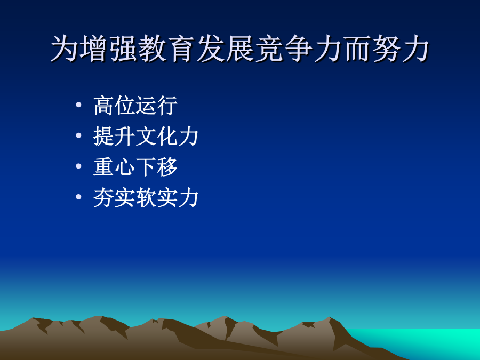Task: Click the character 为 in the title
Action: point(64,49)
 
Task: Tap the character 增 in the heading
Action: point(93,49)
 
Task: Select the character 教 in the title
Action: point(152,49)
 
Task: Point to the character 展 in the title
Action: point(239,49)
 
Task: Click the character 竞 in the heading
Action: point(269,49)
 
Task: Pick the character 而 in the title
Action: point(357,49)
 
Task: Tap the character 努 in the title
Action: point(386,49)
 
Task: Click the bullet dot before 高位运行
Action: point(79,105)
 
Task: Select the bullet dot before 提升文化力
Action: point(79,135)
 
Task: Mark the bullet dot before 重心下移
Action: point(79,166)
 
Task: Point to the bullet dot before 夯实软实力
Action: point(79,196)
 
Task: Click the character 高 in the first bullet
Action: point(103,105)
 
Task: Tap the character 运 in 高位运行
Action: point(146,105)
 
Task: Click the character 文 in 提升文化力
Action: point(146,136)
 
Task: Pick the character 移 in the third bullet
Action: point(167,166)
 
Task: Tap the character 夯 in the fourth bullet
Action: point(103,197)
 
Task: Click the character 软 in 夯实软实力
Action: point(146,197)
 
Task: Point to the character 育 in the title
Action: point(181,49)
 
